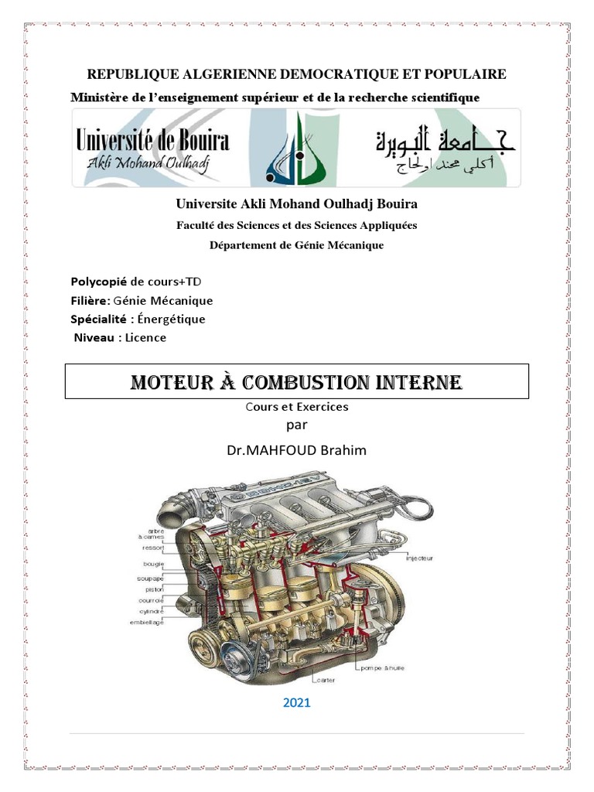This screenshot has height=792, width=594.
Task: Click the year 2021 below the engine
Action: point(297,703)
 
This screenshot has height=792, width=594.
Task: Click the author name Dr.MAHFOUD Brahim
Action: point(297,450)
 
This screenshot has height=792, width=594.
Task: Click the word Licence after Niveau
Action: point(146,337)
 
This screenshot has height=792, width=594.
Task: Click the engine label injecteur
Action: point(418,558)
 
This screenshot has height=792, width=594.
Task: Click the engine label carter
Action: point(324,681)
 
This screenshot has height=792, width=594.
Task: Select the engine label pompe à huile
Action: point(381,667)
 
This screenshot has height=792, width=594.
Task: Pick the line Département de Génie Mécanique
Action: point(297,245)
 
